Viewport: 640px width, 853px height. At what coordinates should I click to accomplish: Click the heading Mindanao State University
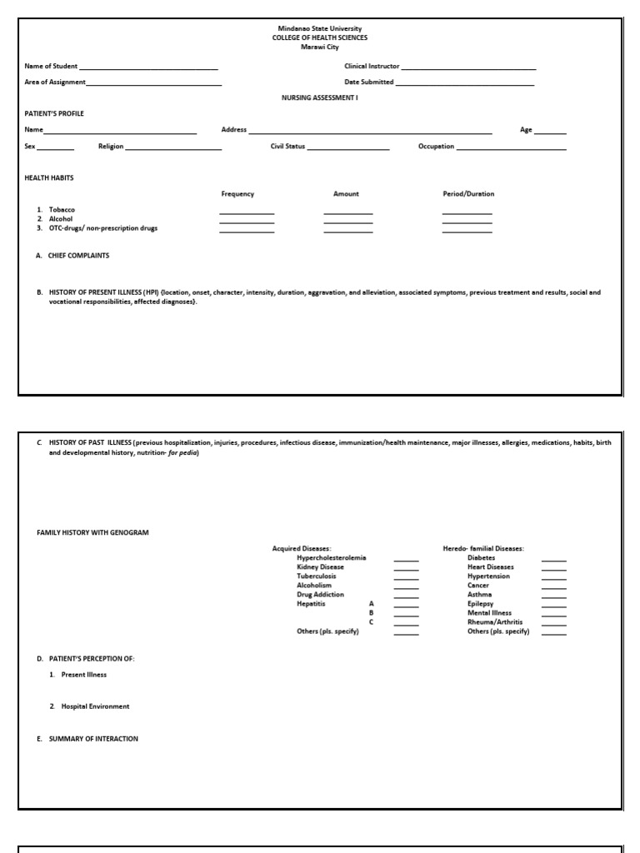click(320, 28)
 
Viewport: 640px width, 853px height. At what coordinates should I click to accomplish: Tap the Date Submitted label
click(369, 82)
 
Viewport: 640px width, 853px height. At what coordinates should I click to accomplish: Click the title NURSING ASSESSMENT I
click(320, 97)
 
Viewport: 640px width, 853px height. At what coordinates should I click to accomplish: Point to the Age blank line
click(550, 132)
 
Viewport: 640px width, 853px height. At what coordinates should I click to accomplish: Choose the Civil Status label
click(287, 147)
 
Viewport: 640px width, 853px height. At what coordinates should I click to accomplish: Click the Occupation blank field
click(512, 148)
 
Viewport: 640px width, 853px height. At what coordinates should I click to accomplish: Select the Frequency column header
click(237, 194)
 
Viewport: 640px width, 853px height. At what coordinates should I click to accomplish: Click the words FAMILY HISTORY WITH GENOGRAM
click(92, 532)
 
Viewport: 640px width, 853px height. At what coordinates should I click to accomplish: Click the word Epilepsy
click(481, 604)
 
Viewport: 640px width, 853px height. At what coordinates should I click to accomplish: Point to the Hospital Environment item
click(95, 706)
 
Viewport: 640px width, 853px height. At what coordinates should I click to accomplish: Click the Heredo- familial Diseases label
click(483, 548)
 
